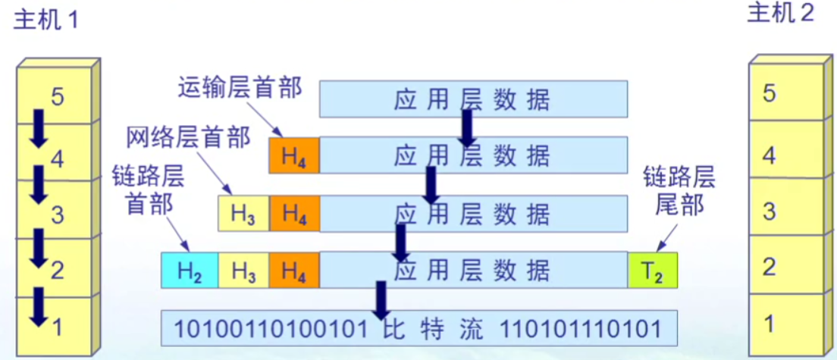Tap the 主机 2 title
click(x=780, y=14)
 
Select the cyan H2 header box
click(x=190, y=271)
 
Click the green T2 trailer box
click(x=652, y=271)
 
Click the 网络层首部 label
click(x=188, y=138)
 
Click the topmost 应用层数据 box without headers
click(x=473, y=99)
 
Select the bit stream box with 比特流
click(x=418, y=329)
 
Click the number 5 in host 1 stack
click(x=58, y=96)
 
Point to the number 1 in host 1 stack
click(x=58, y=327)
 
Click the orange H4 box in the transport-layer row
click(x=294, y=156)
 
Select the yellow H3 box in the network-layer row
click(x=243, y=214)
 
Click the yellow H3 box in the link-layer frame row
click(x=243, y=271)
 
